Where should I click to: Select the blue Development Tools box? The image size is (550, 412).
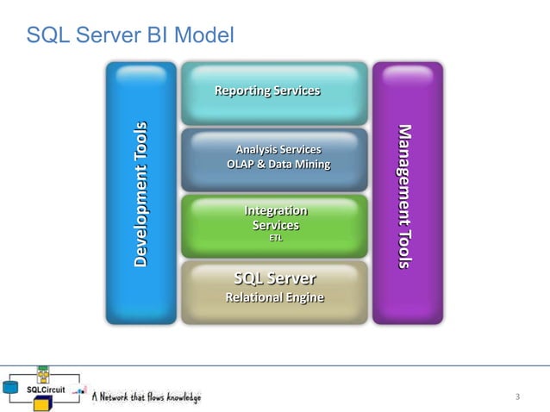141,193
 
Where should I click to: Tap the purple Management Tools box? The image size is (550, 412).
407,193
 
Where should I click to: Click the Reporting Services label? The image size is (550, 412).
266,91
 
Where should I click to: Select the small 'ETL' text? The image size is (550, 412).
276,239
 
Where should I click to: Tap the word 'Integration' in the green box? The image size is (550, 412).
276,210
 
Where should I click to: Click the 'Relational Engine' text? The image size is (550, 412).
275,297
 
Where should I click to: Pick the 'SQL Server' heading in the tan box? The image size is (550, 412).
275,278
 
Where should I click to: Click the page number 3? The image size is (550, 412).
517,396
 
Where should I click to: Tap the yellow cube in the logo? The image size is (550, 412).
43,374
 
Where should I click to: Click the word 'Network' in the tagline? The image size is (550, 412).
117,397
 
